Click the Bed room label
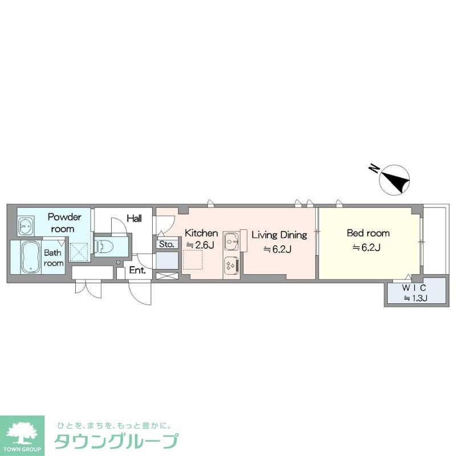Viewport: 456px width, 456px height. tap(368, 233)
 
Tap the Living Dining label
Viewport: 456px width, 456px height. tap(279, 234)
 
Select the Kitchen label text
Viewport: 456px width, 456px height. tap(201, 233)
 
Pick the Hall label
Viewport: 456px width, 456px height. tap(135, 218)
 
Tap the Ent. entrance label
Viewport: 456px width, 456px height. tap(137, 271)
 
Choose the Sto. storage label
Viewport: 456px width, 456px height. tap(166, 245)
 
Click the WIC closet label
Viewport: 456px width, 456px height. tap(415, 287)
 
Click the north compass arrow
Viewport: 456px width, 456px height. tap(395, 178)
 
